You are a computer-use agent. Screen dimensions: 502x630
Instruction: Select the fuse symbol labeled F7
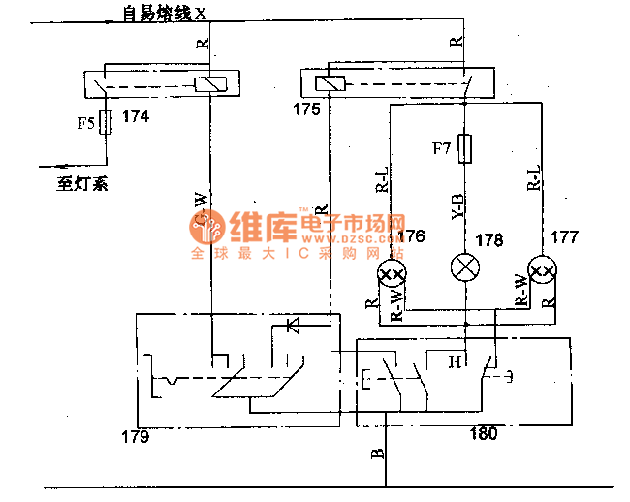466,148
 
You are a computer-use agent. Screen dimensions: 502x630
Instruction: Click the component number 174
136,116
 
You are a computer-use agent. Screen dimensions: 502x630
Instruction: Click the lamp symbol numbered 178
466,267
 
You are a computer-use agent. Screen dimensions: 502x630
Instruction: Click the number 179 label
136,437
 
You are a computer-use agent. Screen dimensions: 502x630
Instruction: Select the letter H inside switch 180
453,362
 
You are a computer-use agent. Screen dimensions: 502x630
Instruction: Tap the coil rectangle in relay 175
331,84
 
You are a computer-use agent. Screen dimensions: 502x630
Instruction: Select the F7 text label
442,148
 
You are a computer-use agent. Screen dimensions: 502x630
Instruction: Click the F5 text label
86,123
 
